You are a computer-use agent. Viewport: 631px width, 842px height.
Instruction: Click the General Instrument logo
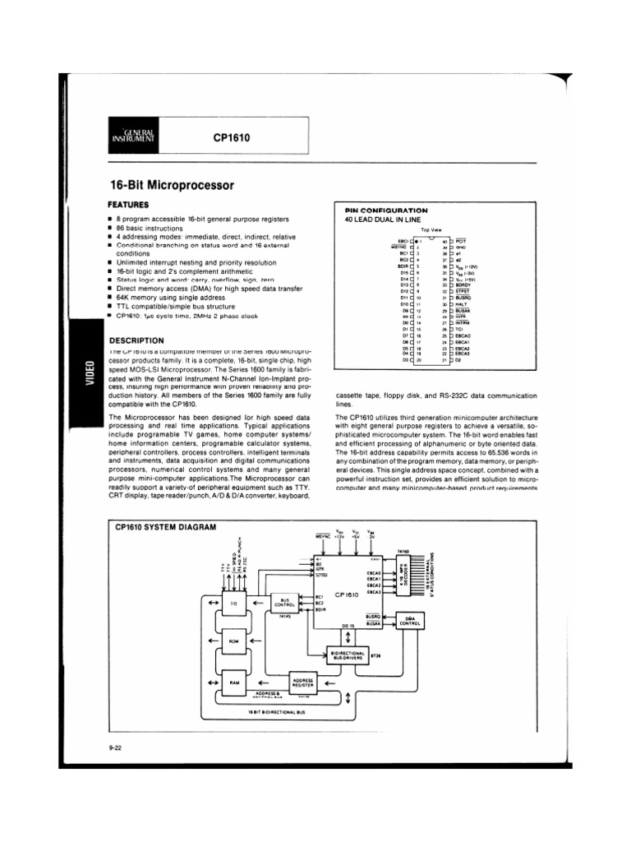tap(133, 135)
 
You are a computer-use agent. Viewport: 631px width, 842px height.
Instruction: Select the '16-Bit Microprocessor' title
tap(172, 186)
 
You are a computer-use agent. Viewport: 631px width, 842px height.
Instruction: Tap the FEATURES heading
tap(128, 202)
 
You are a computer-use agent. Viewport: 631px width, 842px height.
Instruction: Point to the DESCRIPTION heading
tap(136, 340)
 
